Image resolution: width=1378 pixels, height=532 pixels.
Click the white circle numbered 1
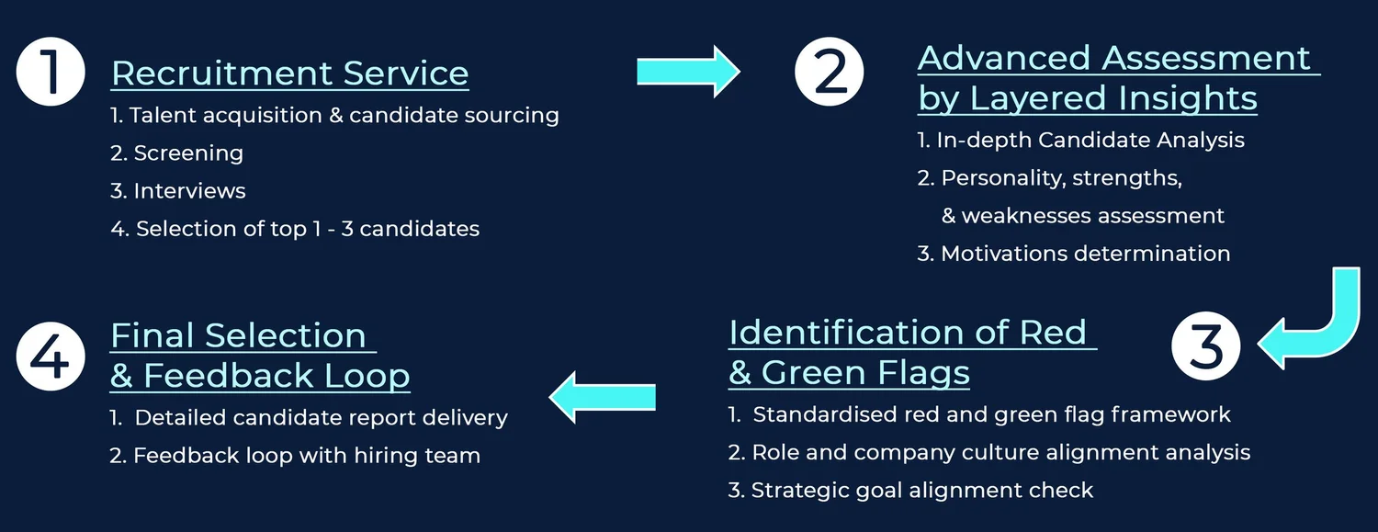point(51,72)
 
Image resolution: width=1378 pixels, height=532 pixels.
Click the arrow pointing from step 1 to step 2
point(688,72)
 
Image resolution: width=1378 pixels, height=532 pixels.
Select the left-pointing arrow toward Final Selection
point(603,397)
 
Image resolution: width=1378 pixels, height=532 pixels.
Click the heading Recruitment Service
point(289,74)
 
